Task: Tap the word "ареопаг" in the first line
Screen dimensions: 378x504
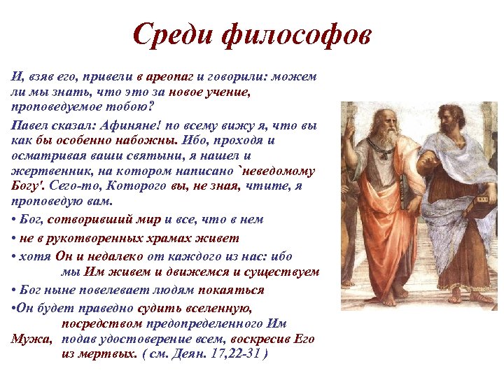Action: click(171, 76)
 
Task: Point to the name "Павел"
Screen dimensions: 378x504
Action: click(30, 126)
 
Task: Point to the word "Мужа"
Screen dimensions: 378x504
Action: click(30, 339)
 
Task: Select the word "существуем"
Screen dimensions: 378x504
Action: click(283, 272)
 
